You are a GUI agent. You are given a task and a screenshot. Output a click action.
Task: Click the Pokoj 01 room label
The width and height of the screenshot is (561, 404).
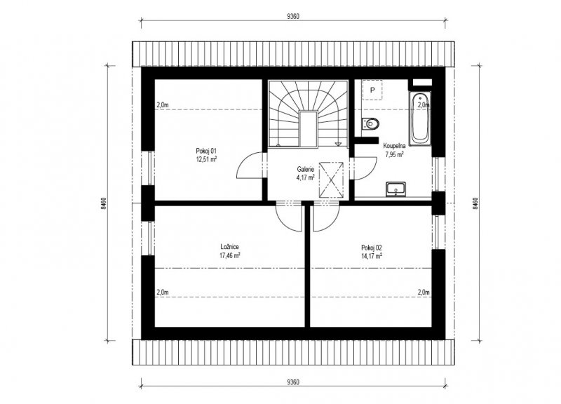pos(206,151)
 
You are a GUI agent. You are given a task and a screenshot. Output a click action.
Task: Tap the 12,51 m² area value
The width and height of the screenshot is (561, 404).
pos(206,159)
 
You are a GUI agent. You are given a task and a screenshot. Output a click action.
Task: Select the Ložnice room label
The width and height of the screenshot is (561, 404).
pos(230,247)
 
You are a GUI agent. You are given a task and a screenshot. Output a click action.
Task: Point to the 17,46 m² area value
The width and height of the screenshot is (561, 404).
pos(230,255)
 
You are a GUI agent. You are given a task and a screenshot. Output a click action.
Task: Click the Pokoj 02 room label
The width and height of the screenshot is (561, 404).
pos(372,248)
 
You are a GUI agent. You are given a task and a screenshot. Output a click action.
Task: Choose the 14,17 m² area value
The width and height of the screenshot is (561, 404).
pos(372,256)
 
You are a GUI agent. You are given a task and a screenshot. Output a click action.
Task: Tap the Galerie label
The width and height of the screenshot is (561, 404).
pos(306,169)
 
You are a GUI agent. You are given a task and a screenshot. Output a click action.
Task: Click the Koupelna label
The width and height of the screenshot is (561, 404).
pos(394,146)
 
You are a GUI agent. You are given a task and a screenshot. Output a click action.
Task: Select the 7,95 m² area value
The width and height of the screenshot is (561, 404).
pos(394,154)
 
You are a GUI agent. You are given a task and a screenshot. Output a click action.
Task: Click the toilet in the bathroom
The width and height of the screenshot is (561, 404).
pos(370,123)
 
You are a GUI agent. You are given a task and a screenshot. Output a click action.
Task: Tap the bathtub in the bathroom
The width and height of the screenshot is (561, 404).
pos(420,119)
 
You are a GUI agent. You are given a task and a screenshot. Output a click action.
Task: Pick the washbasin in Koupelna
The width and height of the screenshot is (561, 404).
pos(396,189)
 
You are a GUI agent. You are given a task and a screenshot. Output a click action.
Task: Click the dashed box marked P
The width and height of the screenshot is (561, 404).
pos(372,90)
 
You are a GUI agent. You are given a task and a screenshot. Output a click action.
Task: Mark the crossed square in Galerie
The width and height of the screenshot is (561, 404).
pos(331,180)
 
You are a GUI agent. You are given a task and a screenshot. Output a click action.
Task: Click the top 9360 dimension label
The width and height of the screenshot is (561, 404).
pos(293,16)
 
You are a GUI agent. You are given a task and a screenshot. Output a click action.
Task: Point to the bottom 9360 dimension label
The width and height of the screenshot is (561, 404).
pos(293,382)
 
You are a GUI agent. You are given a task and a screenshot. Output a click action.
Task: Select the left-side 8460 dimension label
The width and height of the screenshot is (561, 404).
pos(103,203)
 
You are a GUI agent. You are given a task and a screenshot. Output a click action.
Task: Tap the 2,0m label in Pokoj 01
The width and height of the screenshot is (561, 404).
pos(163,105)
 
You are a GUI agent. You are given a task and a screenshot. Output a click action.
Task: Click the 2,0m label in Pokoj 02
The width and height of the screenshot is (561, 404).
pos(424,292)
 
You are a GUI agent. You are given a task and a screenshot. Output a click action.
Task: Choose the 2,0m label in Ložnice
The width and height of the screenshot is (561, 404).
pos(163,292)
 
